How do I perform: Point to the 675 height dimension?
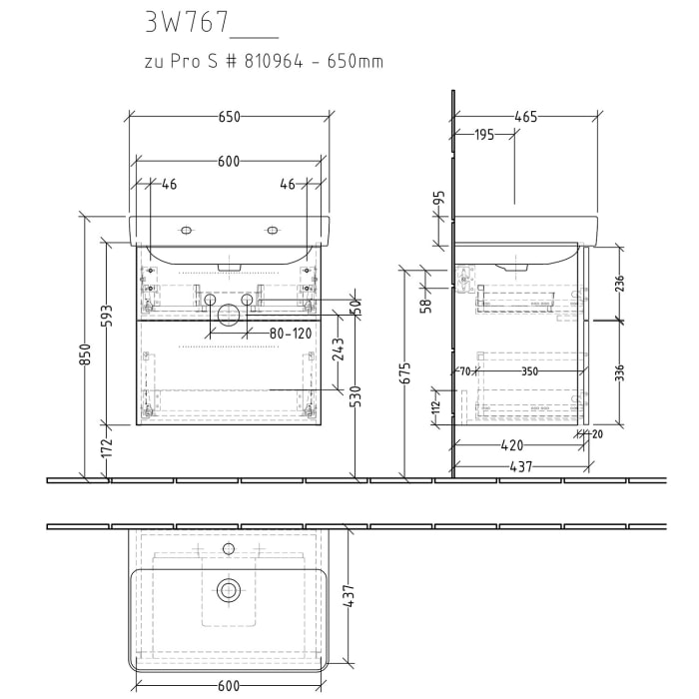click(x=404, y=371)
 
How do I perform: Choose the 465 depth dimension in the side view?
click(x=526, y=117)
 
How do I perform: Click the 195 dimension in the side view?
click(x=484, y=135)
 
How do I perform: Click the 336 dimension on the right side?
click(x=619, y=371)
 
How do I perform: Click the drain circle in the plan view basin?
click(x=230, y=590)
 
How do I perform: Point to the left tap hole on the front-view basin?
click(x=185, y=231)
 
